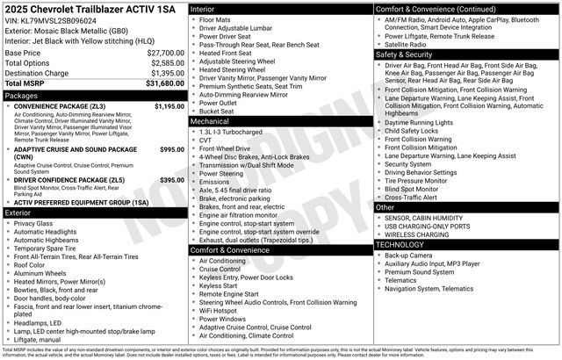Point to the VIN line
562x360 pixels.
tap(50, 19)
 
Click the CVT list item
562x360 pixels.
tap(206, 140)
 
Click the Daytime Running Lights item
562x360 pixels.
tap(419, 122)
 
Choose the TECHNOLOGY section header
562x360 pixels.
tap(400, 244)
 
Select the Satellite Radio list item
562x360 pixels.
tap(407, 44)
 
